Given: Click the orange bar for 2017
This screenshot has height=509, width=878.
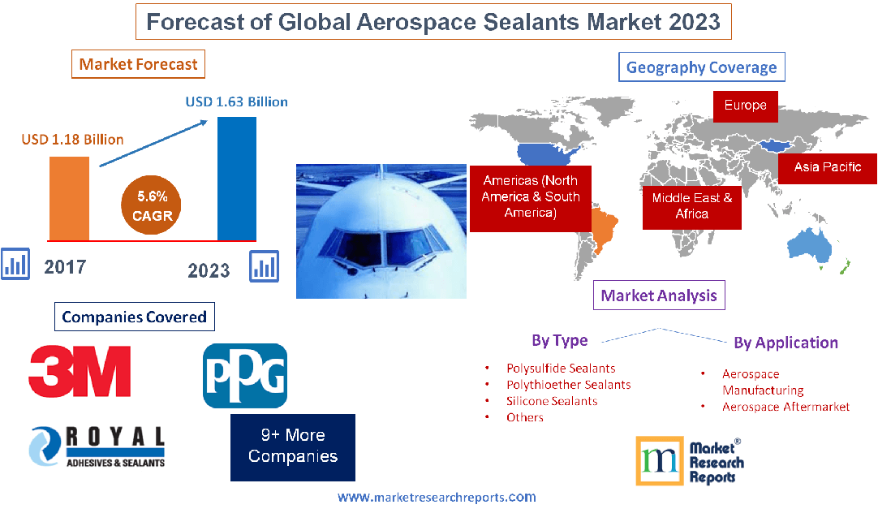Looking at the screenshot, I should coord(69,198).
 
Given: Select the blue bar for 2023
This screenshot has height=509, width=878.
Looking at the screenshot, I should coord(237,179).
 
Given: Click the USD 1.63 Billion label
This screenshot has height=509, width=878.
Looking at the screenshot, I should coord(236,102).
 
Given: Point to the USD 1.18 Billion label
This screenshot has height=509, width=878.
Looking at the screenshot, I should coord(72,140).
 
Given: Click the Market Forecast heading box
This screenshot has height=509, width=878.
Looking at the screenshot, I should coord(138,64).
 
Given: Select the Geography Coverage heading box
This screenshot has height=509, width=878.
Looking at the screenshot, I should coord(702,67).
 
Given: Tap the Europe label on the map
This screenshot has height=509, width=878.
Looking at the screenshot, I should coord(745,106).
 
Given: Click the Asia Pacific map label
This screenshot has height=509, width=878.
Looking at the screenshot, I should coord(827,167).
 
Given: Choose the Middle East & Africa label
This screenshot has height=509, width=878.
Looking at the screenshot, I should coord(691,206).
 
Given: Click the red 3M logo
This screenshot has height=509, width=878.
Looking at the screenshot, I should coord(80,371).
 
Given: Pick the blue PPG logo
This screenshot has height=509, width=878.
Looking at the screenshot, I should coord(244,376).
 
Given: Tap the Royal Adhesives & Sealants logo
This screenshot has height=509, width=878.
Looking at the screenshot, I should coord(97,447).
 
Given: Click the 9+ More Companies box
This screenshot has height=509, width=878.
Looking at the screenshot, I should coord(293,446).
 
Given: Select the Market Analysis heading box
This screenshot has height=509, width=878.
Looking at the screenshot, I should coord(658,295).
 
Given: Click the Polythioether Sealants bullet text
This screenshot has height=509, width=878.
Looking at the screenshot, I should coord(568,385).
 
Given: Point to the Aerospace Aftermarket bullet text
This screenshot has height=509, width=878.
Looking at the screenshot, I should coord(785,407).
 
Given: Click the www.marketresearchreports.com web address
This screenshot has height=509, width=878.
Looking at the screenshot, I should coord(437,497).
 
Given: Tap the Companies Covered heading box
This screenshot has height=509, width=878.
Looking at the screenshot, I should coord(134,317).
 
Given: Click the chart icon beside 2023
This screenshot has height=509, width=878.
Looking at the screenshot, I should coord(265,265).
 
